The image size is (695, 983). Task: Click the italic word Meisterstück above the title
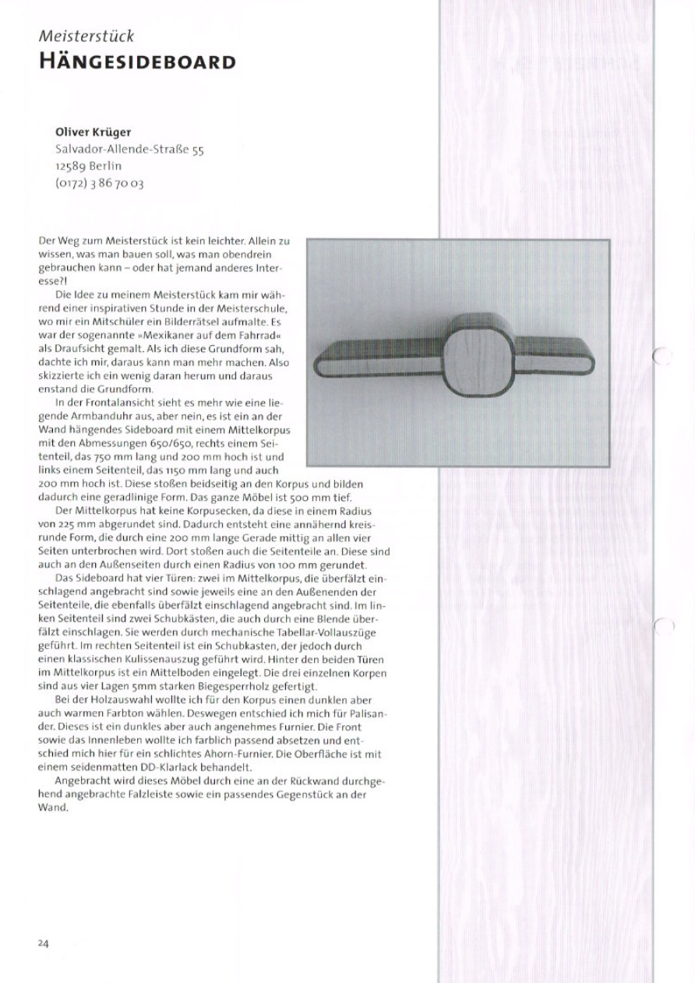pyautogui.click(x=86, y=36)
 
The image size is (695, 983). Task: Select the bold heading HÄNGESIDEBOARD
pyautogui.click(x=137, y=62)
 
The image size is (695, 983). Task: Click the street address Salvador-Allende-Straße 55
pyautogui.click(x=129, y=149)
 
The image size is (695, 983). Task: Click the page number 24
pyautogui.click(x=43, y=943)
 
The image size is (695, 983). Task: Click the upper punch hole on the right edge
pyautogui.click(x=662, y=356)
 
